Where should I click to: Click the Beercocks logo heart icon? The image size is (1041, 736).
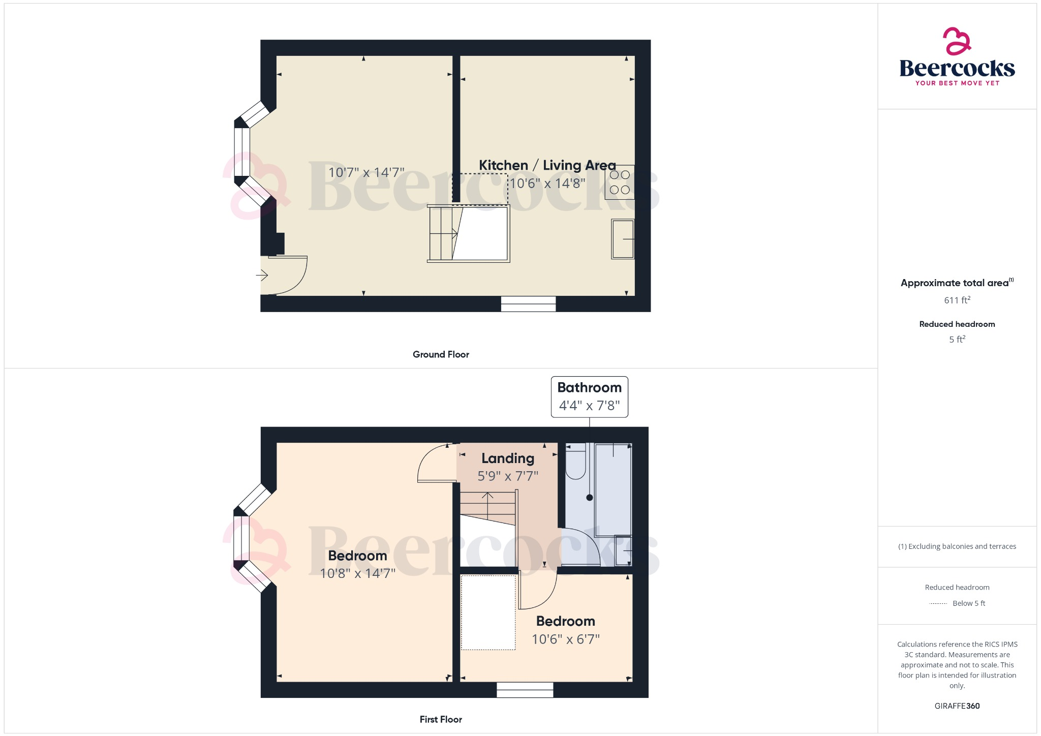point(957,41)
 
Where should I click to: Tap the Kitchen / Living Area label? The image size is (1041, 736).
point(547,165)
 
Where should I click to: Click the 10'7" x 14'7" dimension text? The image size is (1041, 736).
point(366,173)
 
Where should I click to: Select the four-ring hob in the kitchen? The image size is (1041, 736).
point(620,182)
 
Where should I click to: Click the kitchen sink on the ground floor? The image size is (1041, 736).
point(623,239)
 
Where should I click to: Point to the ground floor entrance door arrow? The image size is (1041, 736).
point(262,275)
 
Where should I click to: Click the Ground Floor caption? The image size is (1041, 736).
point(441,354)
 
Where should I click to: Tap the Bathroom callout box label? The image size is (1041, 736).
point(589,388)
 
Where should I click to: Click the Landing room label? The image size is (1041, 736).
point(508,458)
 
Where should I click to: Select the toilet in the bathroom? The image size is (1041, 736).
point(576,463)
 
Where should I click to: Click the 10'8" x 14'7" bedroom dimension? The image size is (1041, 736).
point(357,573)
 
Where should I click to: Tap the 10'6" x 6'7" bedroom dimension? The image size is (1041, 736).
point(565,639)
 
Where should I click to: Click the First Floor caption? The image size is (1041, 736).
point(441,719)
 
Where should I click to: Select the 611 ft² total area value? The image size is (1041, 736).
point(957,300)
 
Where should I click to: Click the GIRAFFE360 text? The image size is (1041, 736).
point(957,706)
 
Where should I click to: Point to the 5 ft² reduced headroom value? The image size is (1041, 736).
point(957,340)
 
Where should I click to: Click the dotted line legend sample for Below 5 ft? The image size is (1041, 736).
point(938,604)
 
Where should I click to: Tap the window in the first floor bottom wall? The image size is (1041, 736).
point(525,690)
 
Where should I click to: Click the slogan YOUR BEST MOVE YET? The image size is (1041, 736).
point(957,83)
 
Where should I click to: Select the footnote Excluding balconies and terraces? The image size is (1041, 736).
point(957,546)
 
